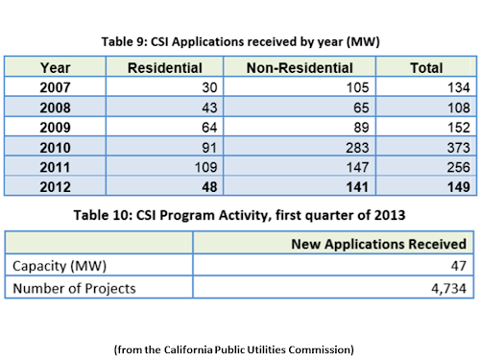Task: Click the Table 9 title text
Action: click(x=241, y=42)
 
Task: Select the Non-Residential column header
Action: click(x=300, y=68)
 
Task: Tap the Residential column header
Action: click(x=165, y=68)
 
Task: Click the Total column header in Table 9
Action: click(x=426, y=68)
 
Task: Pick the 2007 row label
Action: click(x=55, y=87)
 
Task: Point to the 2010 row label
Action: click(x=55, y=148)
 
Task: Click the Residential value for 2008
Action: click(x=209, y=108)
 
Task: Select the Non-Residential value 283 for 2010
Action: click(x=357, y=148)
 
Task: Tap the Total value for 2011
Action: click(x=459, y=167)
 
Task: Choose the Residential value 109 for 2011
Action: click(x=206, y=167)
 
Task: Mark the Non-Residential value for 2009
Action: click(x=361, y=128)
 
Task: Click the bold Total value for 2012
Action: click(x=459, y=187)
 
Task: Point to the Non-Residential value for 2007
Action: click(x=358, y=87)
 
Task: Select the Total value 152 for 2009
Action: click(x=459, y=128)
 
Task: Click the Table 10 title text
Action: click(x=239, y=215)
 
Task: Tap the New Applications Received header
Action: click(x=378, y=244)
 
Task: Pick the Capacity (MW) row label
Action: click(x=60, y=266)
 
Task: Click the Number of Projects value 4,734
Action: click(x=448, y=289)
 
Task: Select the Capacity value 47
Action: click(x=459, y=266)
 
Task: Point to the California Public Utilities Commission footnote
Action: click(x=234, y=349)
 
